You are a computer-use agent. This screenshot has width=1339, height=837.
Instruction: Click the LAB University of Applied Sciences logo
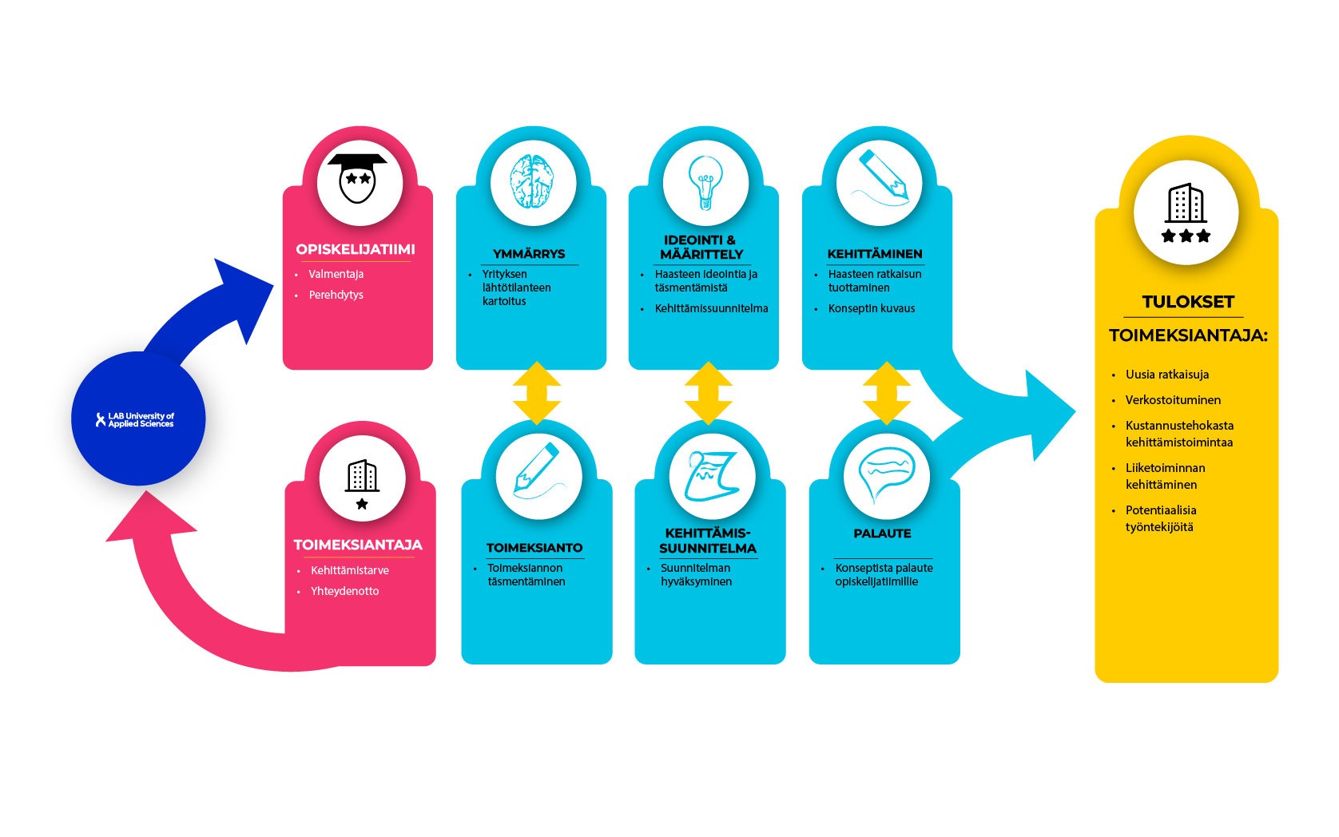pyautogui.click(x=136, y=419)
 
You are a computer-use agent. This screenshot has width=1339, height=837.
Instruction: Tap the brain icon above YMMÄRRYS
pyautogui.click(x=533, y=181)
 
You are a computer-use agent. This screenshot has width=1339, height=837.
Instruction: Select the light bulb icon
pyautogui.click(x=705, y=181)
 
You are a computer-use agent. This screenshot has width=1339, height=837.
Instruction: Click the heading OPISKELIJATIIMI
pyautogui.click(x=356, y=249)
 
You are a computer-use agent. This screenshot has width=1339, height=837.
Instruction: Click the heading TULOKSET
pyautogui.click(x=1188, y=302)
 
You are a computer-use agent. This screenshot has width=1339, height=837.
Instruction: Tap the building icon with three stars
pyautogui.click(x=1186, y=212)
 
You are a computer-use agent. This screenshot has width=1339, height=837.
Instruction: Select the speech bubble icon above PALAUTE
pyautogui.click(x=886, y=474)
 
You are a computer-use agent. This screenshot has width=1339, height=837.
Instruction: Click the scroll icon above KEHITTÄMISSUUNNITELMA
pyautogui.click(x=711, y=476)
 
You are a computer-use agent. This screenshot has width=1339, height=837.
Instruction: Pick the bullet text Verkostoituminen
pyautogui.click(x=1173, y=400)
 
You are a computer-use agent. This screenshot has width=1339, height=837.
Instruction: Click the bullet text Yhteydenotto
pyautogui.click(x=345, y=591)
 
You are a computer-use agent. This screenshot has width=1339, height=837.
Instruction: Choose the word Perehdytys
pyautogui.click(x=336, y=295)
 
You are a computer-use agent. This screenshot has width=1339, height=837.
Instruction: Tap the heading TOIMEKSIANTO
pyautogui.click(x=534, y=548)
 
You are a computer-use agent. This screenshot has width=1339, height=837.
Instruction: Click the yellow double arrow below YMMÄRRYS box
pyautogui.click(x=537, y=392)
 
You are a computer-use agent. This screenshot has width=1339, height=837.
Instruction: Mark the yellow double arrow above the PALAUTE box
pyautogui.click(x=886, y=392)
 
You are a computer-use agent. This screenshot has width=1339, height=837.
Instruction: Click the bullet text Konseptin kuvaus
pyautogui.click(x=872, y=308)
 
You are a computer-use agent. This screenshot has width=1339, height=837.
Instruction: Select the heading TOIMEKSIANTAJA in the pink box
pyautogui.click(x=358, y=545)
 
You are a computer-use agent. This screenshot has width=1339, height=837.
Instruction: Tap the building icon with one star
pyautogui.click(x=362, y=483)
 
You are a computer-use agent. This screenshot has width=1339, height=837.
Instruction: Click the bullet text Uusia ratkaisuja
pyautogui.click(x=1167, y=375)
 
